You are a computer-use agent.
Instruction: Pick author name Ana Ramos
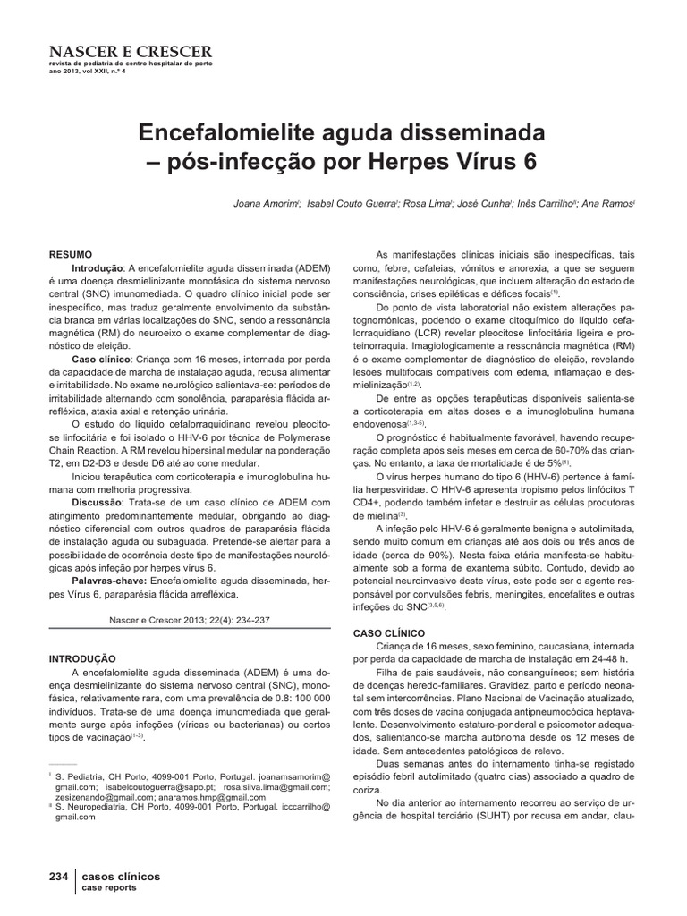(606, 204)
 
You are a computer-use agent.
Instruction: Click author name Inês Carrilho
(547, 204)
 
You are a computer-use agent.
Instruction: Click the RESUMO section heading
(72, 255)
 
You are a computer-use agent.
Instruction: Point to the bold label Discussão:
(101, 503)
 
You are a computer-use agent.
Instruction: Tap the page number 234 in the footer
(59, 877)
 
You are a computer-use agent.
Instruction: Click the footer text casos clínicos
(121, 877)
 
